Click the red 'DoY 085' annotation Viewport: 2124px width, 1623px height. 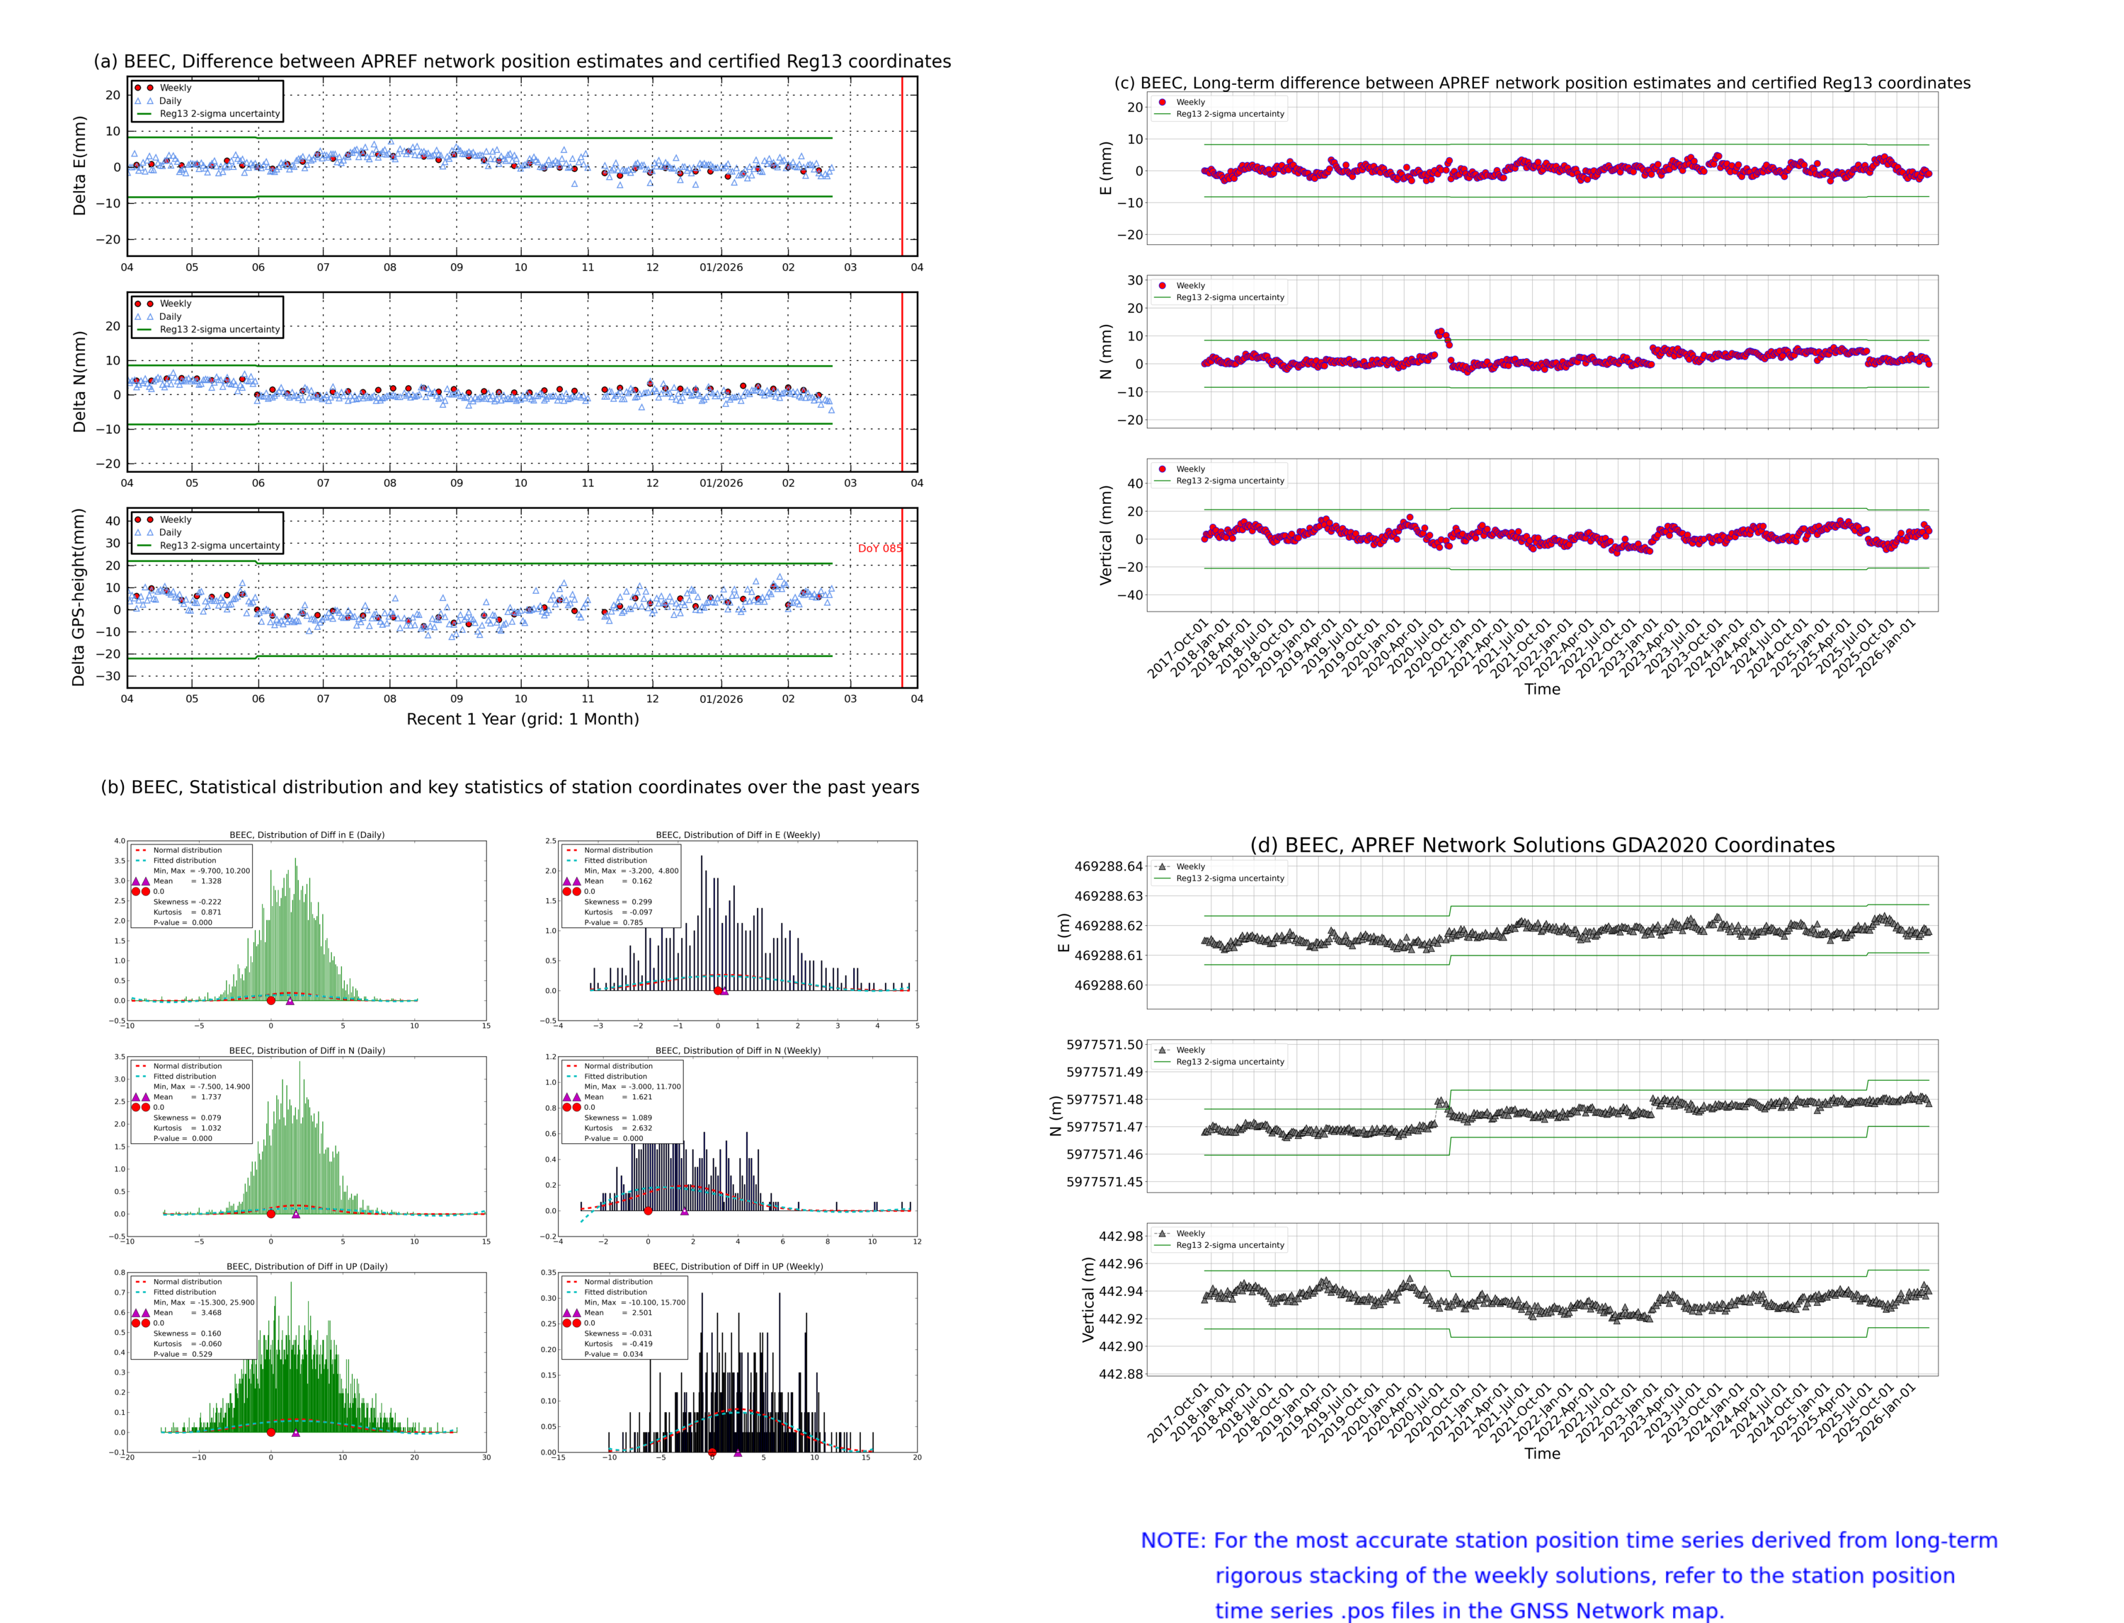879,548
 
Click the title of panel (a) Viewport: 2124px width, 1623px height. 522,61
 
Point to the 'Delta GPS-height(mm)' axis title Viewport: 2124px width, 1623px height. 79,597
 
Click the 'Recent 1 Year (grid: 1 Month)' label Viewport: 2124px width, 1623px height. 522,718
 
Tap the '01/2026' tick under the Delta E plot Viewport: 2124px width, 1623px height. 721,268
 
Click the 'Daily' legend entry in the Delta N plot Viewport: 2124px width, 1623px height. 170,317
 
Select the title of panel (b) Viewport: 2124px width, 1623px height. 509,786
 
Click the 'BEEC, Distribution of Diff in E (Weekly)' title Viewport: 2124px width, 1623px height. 737,835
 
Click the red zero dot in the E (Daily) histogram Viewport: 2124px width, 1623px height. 270,1001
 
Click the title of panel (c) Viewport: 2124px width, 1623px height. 1541,83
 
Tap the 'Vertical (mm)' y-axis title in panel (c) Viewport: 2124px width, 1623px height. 1105,534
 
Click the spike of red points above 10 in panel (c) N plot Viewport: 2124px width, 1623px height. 1441,334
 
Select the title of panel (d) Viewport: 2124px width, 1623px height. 1541,845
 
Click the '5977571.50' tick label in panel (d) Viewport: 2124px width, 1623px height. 1104,1044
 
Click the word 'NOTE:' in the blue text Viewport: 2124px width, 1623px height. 1172,1541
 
